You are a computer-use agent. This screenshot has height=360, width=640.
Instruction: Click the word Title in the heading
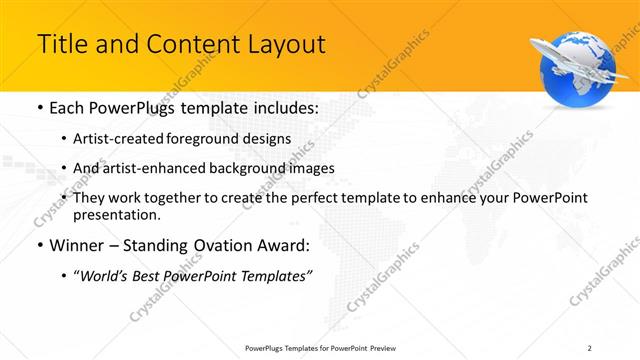point(60,44)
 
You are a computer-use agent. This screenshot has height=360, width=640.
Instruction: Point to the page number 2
point(590,347)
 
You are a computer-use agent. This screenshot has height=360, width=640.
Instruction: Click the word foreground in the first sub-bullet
point(216,138)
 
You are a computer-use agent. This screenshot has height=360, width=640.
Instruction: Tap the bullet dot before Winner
point(39,245)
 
